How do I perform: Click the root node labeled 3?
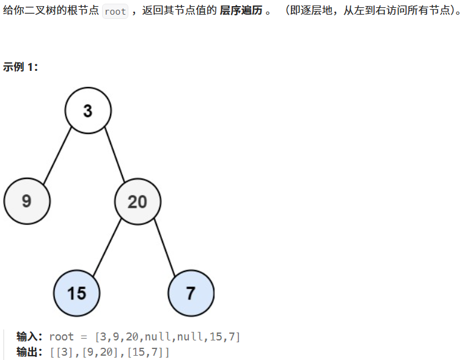[88, 111]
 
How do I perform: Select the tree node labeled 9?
[27, 201]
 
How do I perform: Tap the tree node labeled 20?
[138, 201]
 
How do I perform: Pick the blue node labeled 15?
[76, 293]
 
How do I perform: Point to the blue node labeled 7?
[191, 293]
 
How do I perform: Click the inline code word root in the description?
[115, 12]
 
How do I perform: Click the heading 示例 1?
[21, 67]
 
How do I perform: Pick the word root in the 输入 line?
[61, 337]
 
